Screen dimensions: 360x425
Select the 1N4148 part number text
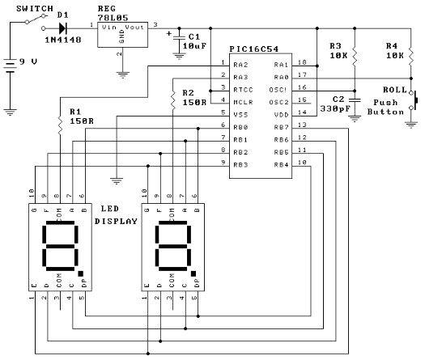click(62, 38)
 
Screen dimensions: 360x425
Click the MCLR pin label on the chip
click(240, 102)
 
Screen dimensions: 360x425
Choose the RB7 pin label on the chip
click(280, 127)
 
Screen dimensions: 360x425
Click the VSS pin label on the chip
click(240, 114)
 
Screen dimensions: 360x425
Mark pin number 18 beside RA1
click(302, 62)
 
